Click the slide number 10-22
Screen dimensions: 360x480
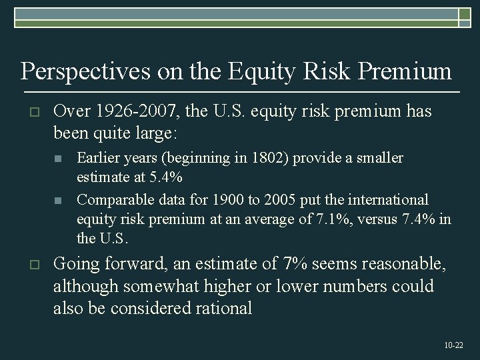pyautogui.click(x=454, y=345)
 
